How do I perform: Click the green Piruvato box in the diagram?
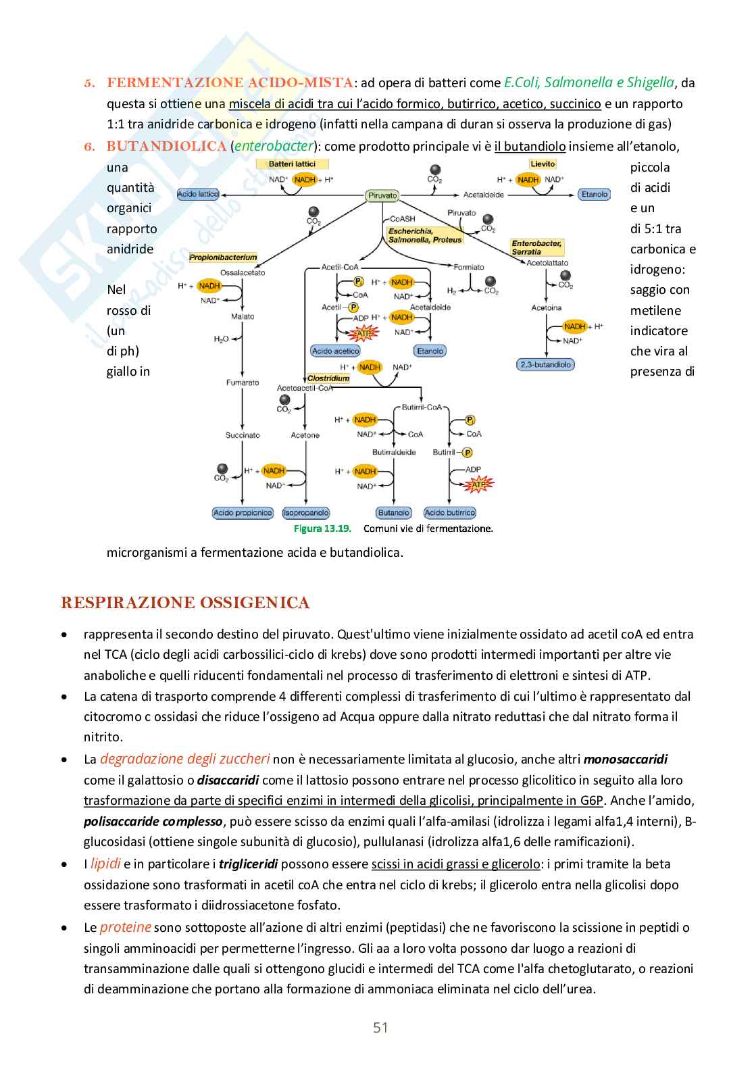coord(382,195)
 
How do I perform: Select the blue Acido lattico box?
coord(198,194)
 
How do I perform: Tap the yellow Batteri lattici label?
coord(292,164)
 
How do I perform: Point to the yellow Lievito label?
coord(543,164)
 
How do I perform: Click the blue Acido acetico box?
coord(336,351)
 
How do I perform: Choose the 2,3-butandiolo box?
coord(545,364)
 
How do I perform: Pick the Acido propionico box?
coord(243,513)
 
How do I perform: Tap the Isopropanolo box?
coord(305,513)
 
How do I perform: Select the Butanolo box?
coord(394,513)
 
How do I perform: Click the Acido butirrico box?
coord(450,513)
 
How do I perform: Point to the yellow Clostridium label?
coord(328,378)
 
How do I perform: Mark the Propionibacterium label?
coord(223,257)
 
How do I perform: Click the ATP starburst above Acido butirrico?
coord(478,484)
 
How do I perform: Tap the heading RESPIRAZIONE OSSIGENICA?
coord(185,603)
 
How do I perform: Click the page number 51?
coord(380,1028)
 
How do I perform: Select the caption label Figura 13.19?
coord(322,528)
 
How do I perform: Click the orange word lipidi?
coord(105,864)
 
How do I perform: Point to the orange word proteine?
coord(126,927)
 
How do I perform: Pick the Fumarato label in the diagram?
coord(243,382)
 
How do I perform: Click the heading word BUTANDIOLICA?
coord(166,146)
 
